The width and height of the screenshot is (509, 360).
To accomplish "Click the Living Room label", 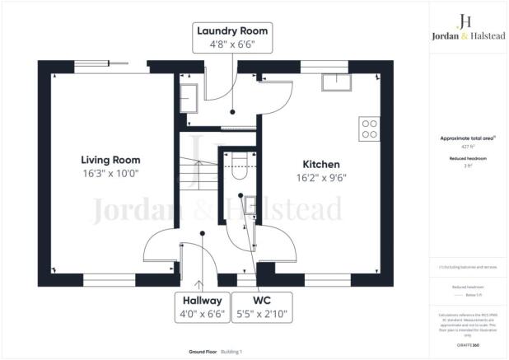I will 110,159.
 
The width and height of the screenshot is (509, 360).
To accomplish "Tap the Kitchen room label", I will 320,164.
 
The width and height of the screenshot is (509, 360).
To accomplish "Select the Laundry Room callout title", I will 231,31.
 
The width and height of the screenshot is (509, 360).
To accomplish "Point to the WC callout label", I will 261,302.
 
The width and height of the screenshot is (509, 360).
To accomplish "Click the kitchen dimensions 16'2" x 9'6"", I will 320,177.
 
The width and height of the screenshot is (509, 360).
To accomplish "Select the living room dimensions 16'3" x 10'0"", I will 110,173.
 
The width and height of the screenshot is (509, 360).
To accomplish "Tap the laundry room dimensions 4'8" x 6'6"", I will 231,45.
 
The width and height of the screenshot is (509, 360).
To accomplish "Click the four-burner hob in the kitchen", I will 368,129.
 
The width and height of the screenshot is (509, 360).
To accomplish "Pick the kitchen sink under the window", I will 336,81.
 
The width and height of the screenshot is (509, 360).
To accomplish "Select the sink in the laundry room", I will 186,98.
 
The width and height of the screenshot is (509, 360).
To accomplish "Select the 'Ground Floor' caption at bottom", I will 202,352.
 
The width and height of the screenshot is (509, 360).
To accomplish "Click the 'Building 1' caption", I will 236,352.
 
